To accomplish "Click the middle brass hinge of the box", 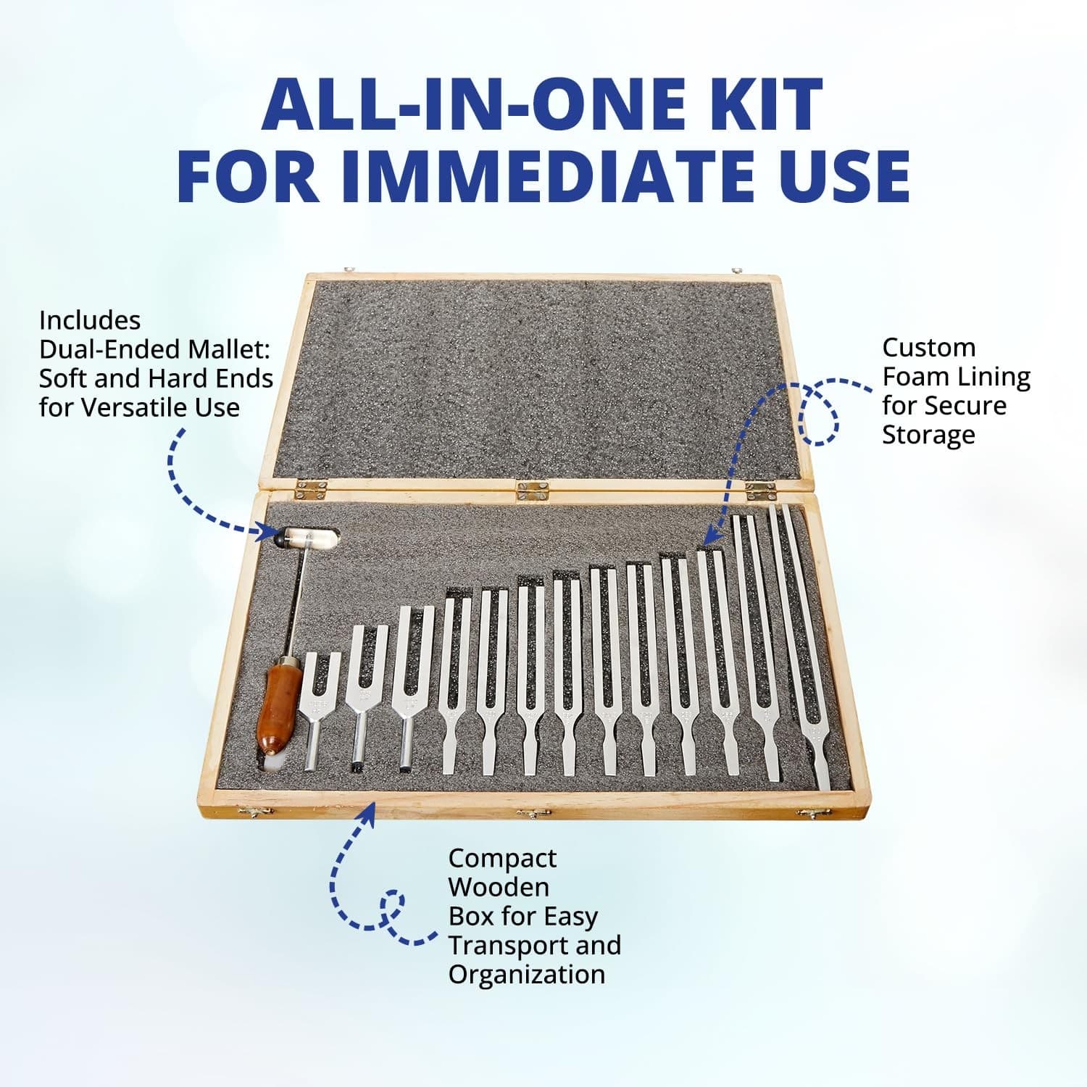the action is coord(533,491).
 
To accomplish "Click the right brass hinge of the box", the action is coord(761,492).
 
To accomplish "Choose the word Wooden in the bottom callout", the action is coord(499,887).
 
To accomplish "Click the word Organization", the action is coord(527,975).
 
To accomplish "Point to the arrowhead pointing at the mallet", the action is coord(271,533).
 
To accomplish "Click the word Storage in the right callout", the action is coord(928,436).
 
